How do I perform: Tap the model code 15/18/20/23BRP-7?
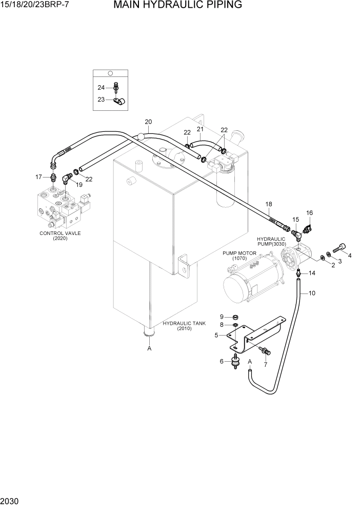click(34, 6)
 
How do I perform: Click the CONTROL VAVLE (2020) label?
click(60, 236)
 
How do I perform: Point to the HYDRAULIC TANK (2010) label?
click(184, 326)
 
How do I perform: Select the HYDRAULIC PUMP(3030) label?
click(271, 242)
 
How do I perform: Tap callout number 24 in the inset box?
click(101, 87)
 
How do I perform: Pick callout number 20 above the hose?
click(148, 122)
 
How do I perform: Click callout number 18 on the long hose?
click(268, 204)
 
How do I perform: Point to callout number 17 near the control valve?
click(38, 177)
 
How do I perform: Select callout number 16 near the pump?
click(309, 212)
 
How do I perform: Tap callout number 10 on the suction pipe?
click(312, 293)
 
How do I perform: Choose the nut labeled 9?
click(235, 316)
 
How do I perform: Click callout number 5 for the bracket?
click(216, 335)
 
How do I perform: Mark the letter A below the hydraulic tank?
click(149, 348)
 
